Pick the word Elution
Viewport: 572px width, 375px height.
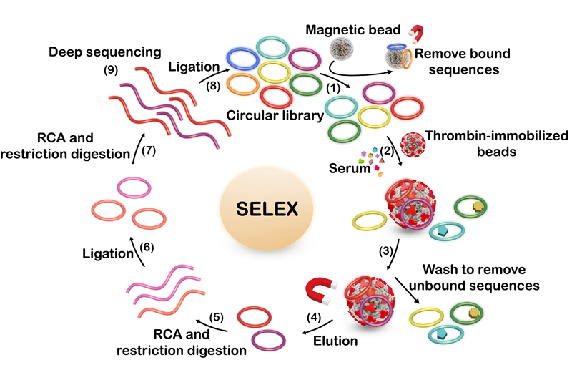[x=335, y=342]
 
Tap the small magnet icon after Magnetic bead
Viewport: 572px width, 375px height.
[x=418, y=33]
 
